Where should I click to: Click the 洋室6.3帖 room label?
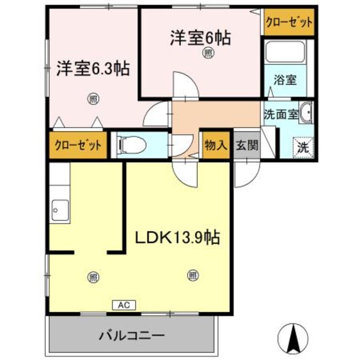coord(93,69)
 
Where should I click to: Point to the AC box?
coord(124,305)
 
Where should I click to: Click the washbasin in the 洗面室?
coord(306,113)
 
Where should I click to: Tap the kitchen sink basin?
coord(59,210)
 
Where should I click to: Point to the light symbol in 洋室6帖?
coord(208,53)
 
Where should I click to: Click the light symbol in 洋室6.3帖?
coord(92,100)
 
